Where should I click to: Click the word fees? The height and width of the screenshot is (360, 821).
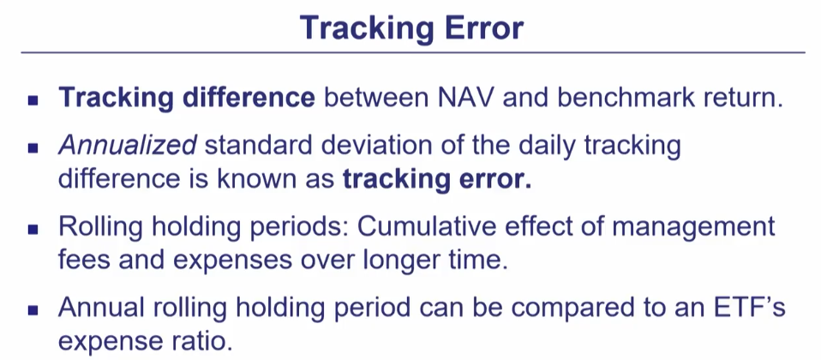point(84,260)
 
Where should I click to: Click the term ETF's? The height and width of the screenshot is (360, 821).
point(747,307)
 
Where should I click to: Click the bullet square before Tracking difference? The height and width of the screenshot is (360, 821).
point(33,99)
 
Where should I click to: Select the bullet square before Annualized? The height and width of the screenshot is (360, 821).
point(33,147)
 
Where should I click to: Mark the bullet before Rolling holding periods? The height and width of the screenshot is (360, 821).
point(33,229)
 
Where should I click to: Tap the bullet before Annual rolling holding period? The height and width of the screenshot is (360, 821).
point(33,309)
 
